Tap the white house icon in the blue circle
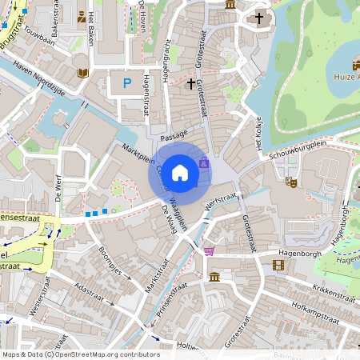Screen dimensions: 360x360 180,171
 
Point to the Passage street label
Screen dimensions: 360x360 174,134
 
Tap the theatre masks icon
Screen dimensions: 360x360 293,182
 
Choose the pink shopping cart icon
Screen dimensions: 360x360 209,251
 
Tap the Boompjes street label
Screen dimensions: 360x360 108,261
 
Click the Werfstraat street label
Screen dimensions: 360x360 222,200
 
